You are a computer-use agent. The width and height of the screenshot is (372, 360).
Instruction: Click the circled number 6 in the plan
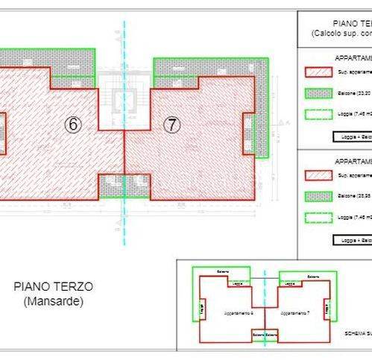coord(72,124)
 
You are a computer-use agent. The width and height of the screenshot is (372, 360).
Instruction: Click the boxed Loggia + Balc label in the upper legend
coord(351,137)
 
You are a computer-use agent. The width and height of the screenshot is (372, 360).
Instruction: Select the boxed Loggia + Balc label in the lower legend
coord(351,241)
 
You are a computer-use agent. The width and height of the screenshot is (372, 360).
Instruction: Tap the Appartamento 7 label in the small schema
coord(291,313)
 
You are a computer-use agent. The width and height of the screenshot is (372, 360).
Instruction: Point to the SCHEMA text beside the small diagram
coord(358,334)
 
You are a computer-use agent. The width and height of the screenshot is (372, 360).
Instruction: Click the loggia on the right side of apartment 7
coord(249,133)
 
